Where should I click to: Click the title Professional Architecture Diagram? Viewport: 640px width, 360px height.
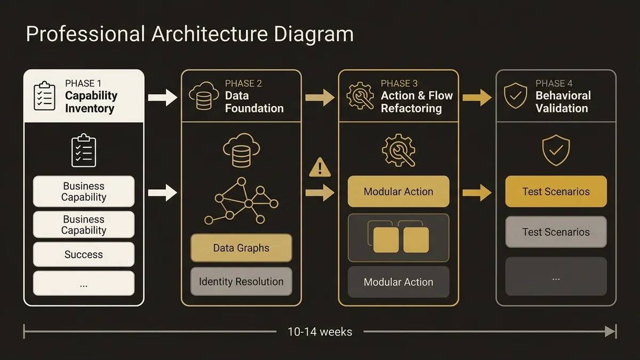pyautogui.click(x=189, y=34)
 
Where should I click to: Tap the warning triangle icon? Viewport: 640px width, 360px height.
pyautogui.click(x=320, y=167)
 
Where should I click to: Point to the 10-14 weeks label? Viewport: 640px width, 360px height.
pyautogui.click(x=320, y=332)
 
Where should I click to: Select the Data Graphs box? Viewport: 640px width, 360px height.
pyautogui.click(x=241, y=248)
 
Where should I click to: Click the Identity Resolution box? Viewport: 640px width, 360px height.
pyautogui.click(x=241, y=282)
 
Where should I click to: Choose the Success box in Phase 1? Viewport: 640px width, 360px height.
pyautogui.click(x=84, y=254)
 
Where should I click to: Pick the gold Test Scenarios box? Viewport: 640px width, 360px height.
pyautogui.click(x=556, y=191)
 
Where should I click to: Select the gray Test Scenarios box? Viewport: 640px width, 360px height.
pyautogui.click(x=556, y=232)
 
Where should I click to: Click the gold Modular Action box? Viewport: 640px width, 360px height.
pyautogui.click(x=398, y=191)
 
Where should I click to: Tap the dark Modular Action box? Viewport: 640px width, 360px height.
pyautogui.click(x=398, y=282)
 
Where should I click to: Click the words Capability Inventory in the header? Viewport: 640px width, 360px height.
pyautogui.click(x=91, y=102)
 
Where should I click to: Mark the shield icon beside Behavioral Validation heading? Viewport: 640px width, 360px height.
pyautogui.click(x=516, y=96)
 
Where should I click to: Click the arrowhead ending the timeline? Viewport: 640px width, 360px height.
pyautogui.click(x=610, y=332)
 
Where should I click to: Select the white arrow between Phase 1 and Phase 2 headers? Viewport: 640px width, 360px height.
pyautogui.click(x=163, y=98)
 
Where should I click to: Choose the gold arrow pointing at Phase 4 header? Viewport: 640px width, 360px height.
pyautogui.click(x=477, y=98)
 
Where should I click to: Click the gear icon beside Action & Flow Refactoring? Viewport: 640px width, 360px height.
pyautogui.click(x=361, y=96)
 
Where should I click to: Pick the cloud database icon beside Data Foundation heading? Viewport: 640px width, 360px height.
pyautogui.click(x=203, y=96)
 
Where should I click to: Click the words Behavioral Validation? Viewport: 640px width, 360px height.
pyautogui.click(x=563, y=102)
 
